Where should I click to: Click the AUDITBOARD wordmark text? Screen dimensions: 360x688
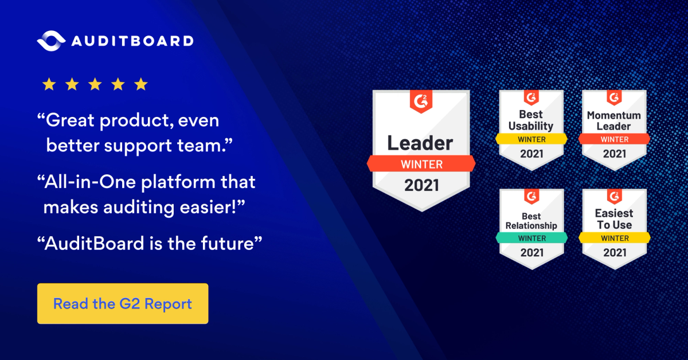click(x=132, y=41)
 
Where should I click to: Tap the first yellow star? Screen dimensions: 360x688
click(x=49, y=85)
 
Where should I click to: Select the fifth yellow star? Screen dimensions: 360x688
click(x=140, y=85)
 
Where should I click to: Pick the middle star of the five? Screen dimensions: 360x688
click(x=95, y=85)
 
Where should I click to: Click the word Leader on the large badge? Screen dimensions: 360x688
click(x=420, y=143)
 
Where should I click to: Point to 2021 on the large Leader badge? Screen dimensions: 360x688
click(x=421, y=185)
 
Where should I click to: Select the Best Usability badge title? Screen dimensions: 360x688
click(x=531, y=121)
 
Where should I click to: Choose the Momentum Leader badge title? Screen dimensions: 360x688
click(x=614, y=121)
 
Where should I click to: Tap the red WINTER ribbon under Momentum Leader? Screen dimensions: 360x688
click(x=614, y=139)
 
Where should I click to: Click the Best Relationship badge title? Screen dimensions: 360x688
click(x=531, y=221)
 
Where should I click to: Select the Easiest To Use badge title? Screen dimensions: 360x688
click(x=614, y=220)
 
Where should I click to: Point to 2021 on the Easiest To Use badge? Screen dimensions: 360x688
click(x=614, y=253)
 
